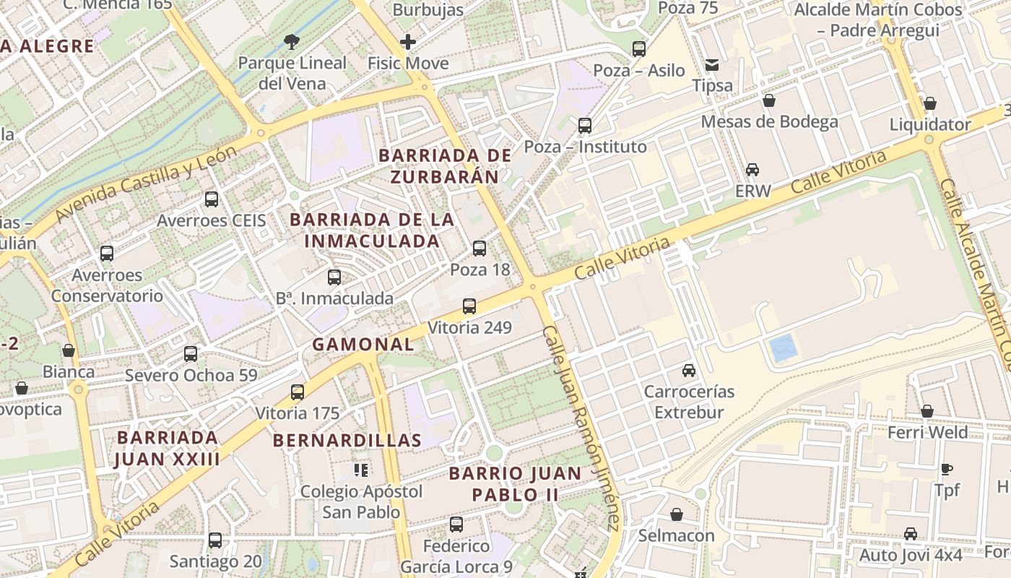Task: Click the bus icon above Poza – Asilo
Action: [639, 49]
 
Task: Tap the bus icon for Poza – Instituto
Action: [585, 126]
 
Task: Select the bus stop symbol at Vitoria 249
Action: [469, 306]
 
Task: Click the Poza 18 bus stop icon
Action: [480, 249]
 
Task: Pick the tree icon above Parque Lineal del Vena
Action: [292, 42]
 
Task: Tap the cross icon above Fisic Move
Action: [408, 42]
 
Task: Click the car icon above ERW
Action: [752, 170]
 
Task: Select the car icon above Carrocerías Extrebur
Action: [689, 371]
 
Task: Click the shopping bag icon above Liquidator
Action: [930, 103]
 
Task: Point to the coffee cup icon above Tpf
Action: [947, 469]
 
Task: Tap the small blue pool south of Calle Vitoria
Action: [784, 349]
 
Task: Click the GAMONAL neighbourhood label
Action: [363, 345]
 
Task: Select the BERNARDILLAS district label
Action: [347, 440]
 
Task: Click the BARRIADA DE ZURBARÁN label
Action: [445, 166]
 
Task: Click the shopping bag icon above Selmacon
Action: [677, 514]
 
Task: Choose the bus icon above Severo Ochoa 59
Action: [191, 354]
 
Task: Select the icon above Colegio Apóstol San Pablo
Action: [361, 471]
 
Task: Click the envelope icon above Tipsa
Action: [713, 65]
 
